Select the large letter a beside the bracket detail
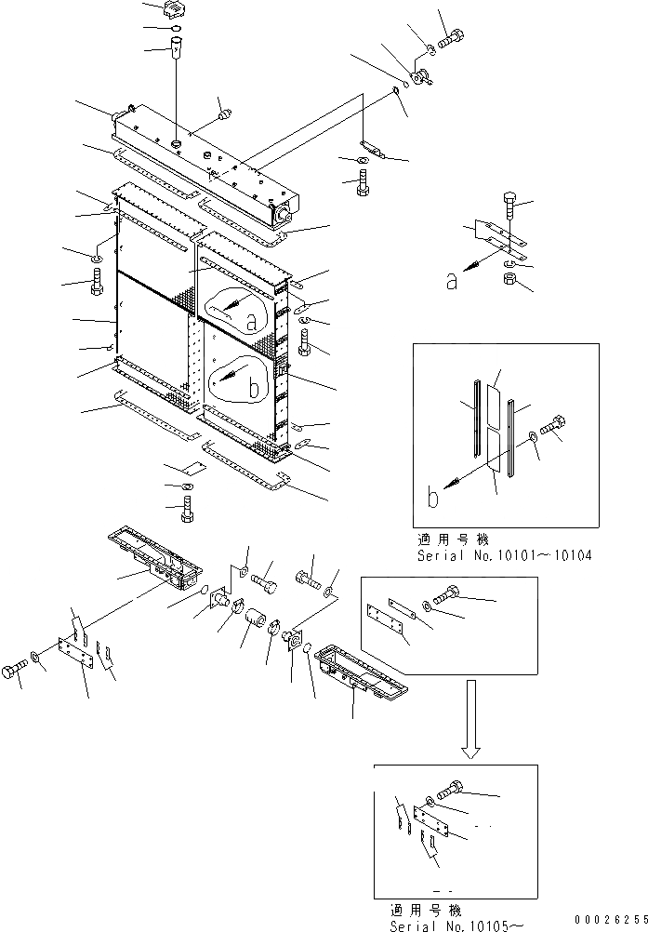(452, 281)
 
